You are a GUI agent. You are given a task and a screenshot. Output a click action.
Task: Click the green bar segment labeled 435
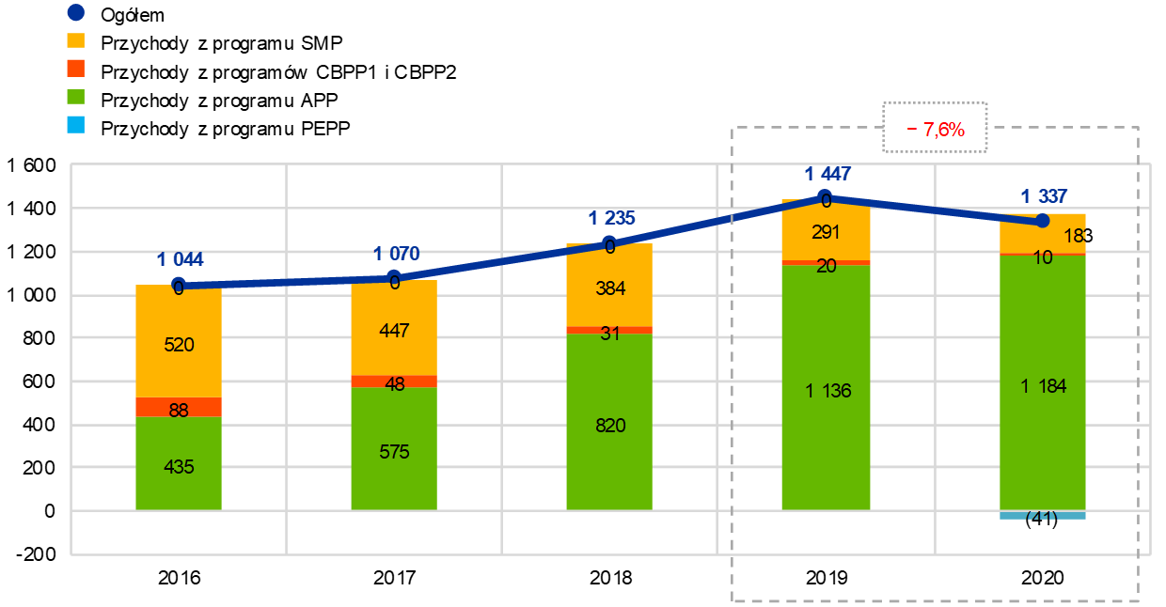click(x=179, y=463)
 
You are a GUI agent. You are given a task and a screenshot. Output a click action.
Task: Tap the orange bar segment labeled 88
click(x=179, y=407)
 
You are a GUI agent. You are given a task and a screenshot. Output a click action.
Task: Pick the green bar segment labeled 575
click(x=394, y=448)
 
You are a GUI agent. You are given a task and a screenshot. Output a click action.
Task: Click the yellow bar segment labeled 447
click(x=394, y=328)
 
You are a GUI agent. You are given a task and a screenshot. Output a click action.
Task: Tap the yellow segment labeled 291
click(x=826, y=230)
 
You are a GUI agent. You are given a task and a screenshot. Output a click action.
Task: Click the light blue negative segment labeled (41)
click(x=1042, y=515)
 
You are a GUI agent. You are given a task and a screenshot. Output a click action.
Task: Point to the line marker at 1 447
click(x=826, y=197)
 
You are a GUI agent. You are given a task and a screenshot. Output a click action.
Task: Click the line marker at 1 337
click(x=1042, y=221)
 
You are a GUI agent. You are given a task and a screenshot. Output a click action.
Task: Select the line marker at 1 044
click(x=179, y=283)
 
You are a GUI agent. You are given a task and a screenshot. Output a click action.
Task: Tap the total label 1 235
click(x=611, y=218)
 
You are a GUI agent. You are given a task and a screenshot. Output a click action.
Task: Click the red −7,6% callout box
click(x=935, y=128)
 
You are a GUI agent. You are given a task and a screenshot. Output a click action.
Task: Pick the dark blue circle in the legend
click(x=76, y=12)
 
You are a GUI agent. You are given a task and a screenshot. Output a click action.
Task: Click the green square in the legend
click(x=76, y=97)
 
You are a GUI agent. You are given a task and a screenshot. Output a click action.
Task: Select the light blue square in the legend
click(x=76, y=125)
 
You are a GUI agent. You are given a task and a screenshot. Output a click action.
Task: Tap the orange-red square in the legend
click(x=76, y=69)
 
